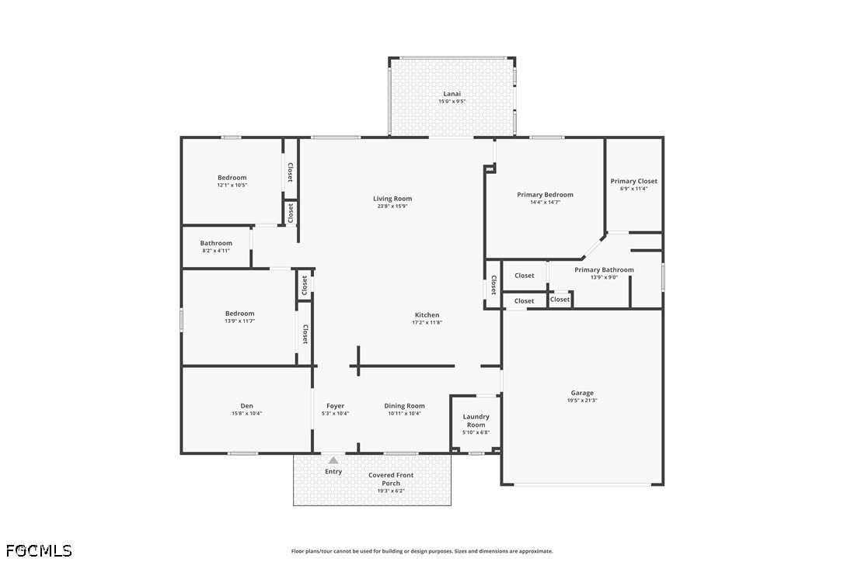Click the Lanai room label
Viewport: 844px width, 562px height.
(x=452, y=94)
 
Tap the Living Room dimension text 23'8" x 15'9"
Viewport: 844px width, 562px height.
(x=392, y=206)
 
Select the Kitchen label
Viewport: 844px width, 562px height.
(x=427, y=315)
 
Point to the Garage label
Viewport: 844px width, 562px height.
(x=582, y=393)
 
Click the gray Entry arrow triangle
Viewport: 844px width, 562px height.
(x=333, y=460)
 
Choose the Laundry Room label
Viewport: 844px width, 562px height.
(x=476, y=421)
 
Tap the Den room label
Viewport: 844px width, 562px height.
(x=246, y=406)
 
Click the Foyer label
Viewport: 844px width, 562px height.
(x=335, y=406)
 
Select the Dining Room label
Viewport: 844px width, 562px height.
(x=404, y=406)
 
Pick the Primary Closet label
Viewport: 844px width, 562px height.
(x=633, y=181)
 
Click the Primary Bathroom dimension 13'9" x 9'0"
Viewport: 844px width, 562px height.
(x=604, y=277)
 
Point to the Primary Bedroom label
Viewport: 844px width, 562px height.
(x=546, y=195)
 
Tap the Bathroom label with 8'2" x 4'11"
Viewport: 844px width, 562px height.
(x=216, y=243)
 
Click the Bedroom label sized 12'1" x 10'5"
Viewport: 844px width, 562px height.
(x=232, y=178)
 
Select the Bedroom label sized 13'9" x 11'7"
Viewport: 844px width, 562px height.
(x=239, y=314)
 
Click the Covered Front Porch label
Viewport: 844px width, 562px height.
(x=391, y=479)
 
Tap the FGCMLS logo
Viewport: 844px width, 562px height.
(x=39, y=550)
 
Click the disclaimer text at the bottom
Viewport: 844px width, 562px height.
(x=422, y=551)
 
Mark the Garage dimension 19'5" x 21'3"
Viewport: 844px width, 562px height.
(x=582, y=401)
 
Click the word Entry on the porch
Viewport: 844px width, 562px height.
(x=333, y=472)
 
